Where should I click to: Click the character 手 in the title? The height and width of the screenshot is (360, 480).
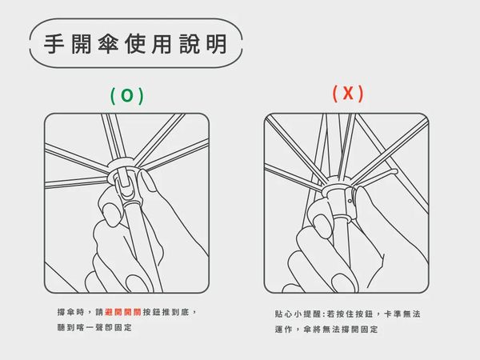(x=54, y=44)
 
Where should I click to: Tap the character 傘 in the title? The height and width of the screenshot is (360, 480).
(x=108, y=44)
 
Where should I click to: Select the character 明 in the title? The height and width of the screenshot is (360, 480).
(x=217, y=44)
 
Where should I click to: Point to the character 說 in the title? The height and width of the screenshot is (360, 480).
(x=190, y=44)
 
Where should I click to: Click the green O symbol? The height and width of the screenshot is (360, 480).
(x=127, y=95)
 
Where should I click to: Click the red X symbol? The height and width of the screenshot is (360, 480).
(x=348, y=93)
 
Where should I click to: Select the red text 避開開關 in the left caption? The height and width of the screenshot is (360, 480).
(x=122, y=312)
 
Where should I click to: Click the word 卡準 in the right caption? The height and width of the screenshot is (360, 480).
(x=392, y=314)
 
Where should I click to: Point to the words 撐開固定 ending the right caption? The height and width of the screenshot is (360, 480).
(x=359, y=330)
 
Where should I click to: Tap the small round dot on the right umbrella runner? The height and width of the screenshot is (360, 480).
(x=350, y=201)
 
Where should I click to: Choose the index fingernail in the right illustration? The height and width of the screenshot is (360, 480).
(x=322, y=224)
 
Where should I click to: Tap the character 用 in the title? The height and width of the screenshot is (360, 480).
(x=162, y=44)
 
